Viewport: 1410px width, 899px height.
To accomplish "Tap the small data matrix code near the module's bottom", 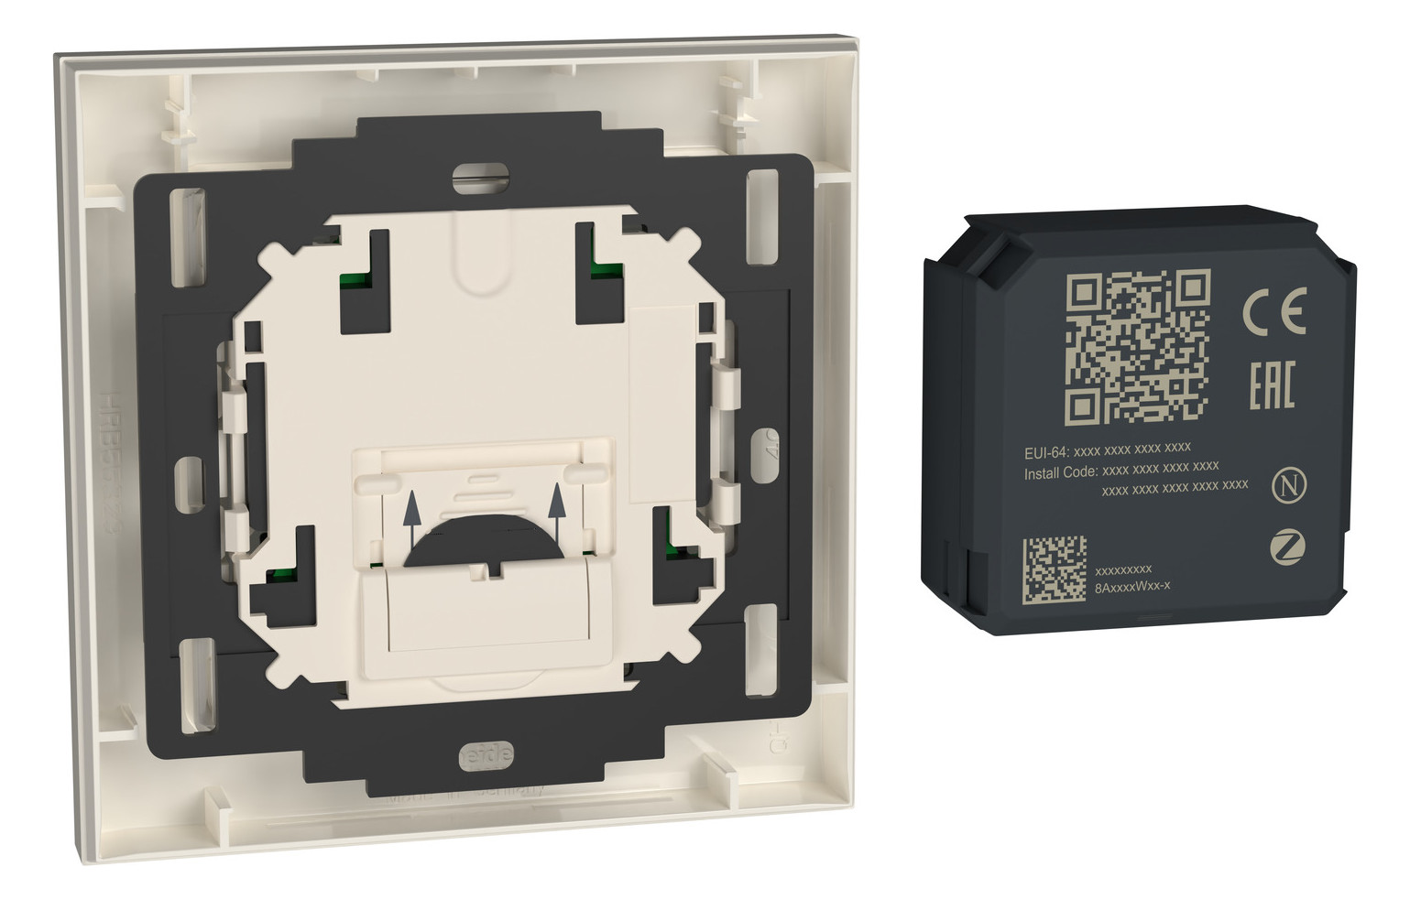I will pos(1054,569).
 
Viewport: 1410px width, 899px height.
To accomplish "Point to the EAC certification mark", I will pos(1273,385).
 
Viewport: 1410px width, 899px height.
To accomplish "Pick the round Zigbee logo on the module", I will pos(1287,548).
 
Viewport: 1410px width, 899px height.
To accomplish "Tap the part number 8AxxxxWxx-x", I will pos(1132,586).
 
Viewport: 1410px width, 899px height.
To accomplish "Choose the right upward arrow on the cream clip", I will pos(555,509).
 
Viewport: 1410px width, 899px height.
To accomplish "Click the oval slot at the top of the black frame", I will pos(481,177).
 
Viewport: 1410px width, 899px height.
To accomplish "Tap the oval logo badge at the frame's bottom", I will pos(486,755).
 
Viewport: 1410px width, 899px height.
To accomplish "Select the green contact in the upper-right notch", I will pos(603,269).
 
